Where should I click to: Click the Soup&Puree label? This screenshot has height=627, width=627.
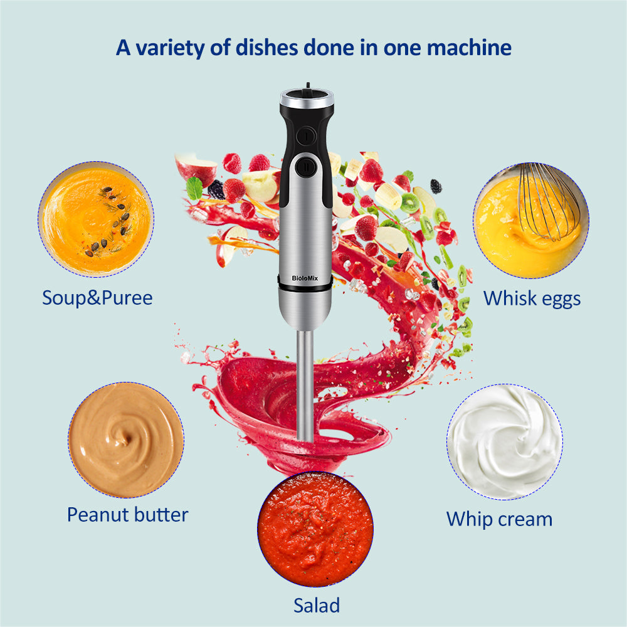tap(97, 297)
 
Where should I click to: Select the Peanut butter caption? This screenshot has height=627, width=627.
tap(127, 515)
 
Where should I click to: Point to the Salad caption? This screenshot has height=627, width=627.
tap(317, 605)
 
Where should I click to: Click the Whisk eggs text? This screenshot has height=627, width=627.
tap(532, 298)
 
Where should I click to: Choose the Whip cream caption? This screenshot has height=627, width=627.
tap(499, 519)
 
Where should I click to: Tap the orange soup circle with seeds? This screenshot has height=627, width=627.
tap(95, 219)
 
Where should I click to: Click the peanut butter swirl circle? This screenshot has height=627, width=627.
tap(126, 440)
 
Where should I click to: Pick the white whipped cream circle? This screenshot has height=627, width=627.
tap(504, 441)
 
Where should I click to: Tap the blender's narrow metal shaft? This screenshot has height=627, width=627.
tap(305, 382)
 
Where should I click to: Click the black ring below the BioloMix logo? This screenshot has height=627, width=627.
tap(305, 287)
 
